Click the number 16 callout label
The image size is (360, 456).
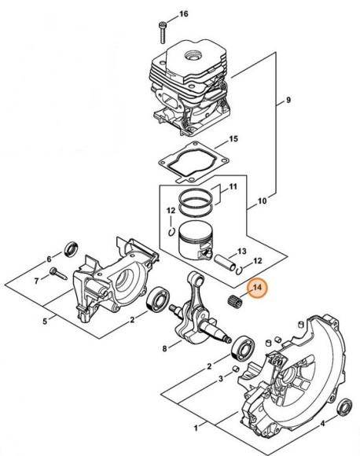coord(184,15)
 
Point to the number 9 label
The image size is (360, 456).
coord(288,101)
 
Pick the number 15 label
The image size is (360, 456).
coord(233,139)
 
